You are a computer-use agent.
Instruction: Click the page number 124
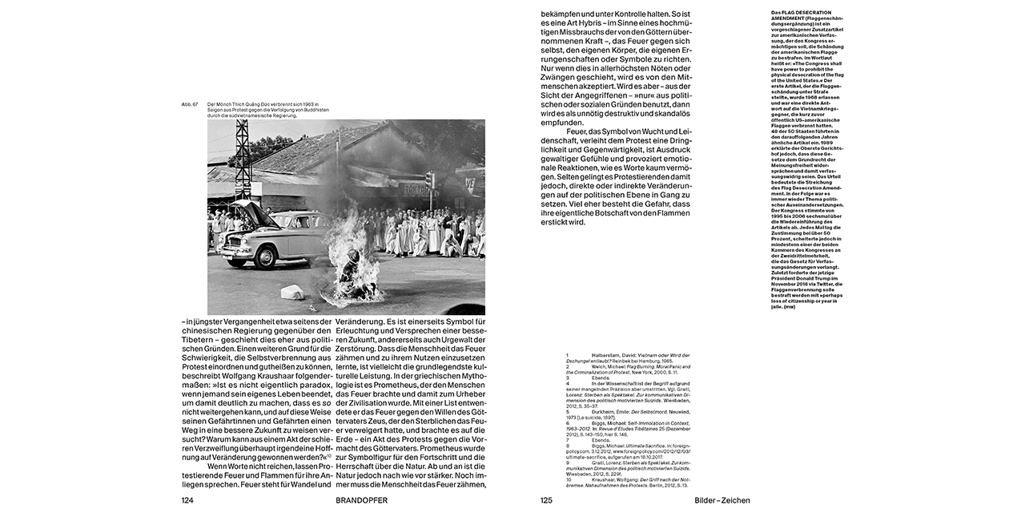[x=188, y=500]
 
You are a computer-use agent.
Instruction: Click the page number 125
[x=546, y=500]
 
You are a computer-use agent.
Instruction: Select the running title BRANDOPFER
[x=361, y=500]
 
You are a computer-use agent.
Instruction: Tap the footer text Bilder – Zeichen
[x=722, y=500]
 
